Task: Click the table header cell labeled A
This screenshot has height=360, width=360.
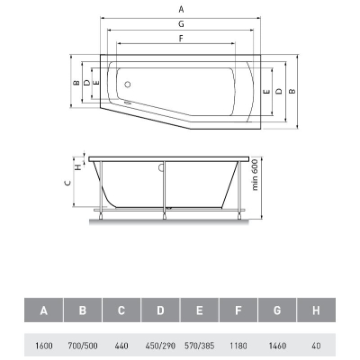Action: [44, 310]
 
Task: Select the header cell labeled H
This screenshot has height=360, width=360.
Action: [316, 310]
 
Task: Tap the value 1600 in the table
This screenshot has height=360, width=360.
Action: [44, 346]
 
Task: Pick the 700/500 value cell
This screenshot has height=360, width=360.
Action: [83, 346]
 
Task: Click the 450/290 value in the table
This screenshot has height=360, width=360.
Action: [160, 346]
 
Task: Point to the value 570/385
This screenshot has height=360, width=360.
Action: [200, 346]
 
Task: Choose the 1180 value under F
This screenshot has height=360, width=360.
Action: [238, 346]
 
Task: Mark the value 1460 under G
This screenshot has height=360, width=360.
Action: [277, 346]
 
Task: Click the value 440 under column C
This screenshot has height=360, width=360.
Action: [121, 346]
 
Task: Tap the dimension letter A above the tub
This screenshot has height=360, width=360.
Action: [181, 10]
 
